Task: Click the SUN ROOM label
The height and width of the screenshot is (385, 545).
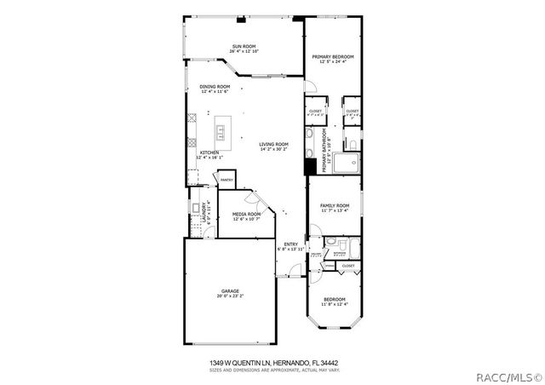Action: (244, 46)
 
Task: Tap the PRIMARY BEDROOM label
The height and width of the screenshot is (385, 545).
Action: (331, 56)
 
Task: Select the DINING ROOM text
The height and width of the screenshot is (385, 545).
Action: (215, 86)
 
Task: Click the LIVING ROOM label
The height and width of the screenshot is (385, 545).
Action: (274, 144)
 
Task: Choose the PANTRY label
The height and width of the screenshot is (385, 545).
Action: (227, 180)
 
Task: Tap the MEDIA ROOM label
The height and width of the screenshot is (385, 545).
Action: (246, 214)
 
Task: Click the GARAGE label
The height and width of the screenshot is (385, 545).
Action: (230, 291)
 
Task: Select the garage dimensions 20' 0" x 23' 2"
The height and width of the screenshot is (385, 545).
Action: (230, 296)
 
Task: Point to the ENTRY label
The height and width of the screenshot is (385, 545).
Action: (291, 244)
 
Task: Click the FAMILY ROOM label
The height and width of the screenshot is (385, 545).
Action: (335, 205)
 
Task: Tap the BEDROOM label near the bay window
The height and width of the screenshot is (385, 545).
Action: (334, 299)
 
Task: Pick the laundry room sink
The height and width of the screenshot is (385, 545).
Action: (195, 207)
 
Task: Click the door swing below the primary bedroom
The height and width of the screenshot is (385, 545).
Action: (312, 86)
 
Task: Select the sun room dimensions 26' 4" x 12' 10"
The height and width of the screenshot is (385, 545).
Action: (244, 51)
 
